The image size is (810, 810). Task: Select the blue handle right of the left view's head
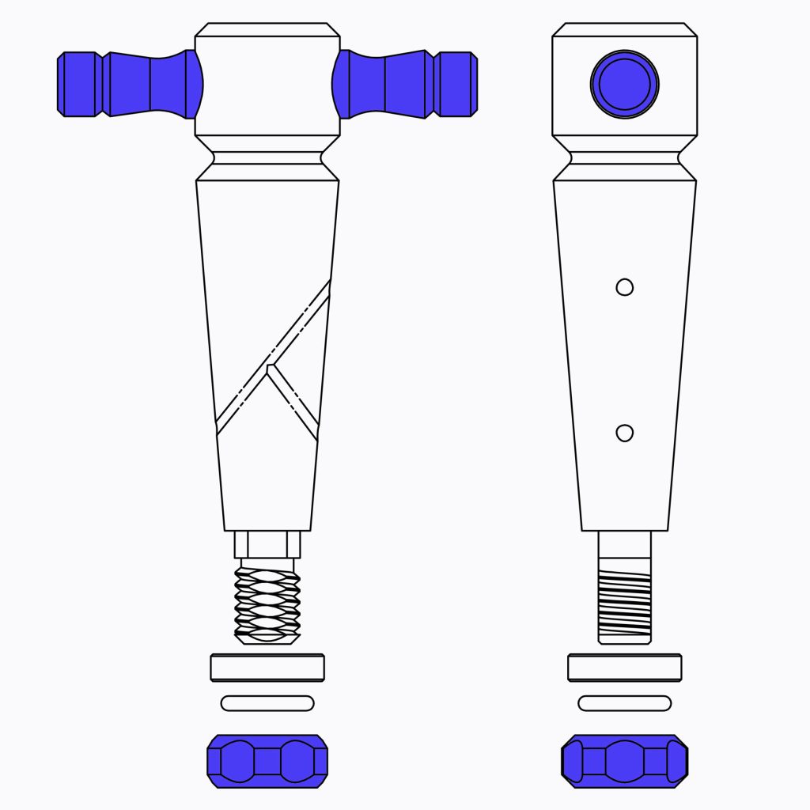click(388, 84)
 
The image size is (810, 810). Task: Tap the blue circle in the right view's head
click(624, 83)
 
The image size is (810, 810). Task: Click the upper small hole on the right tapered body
click(624, 287)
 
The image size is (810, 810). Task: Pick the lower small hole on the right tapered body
click(624, 433)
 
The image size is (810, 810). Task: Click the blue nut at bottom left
click(267, 761)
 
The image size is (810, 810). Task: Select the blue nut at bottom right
click(624, 761)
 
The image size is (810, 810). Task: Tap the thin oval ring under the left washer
click(267, 702)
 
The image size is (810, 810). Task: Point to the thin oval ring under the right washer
click(624, 702)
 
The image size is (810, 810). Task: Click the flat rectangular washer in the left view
click(267, 667)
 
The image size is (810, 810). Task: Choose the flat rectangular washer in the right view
click(624, 667)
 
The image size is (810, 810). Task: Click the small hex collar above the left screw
click(267, 544)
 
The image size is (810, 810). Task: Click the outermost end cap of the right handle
click(457, 84)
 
